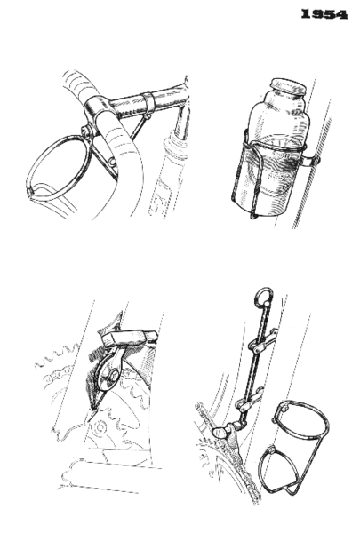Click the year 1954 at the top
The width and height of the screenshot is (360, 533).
coord(324,14)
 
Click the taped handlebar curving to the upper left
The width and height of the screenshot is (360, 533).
coord(80,84)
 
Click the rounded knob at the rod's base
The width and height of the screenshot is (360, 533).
coord(220,433)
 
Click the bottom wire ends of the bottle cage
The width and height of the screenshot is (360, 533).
coord(255,213)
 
